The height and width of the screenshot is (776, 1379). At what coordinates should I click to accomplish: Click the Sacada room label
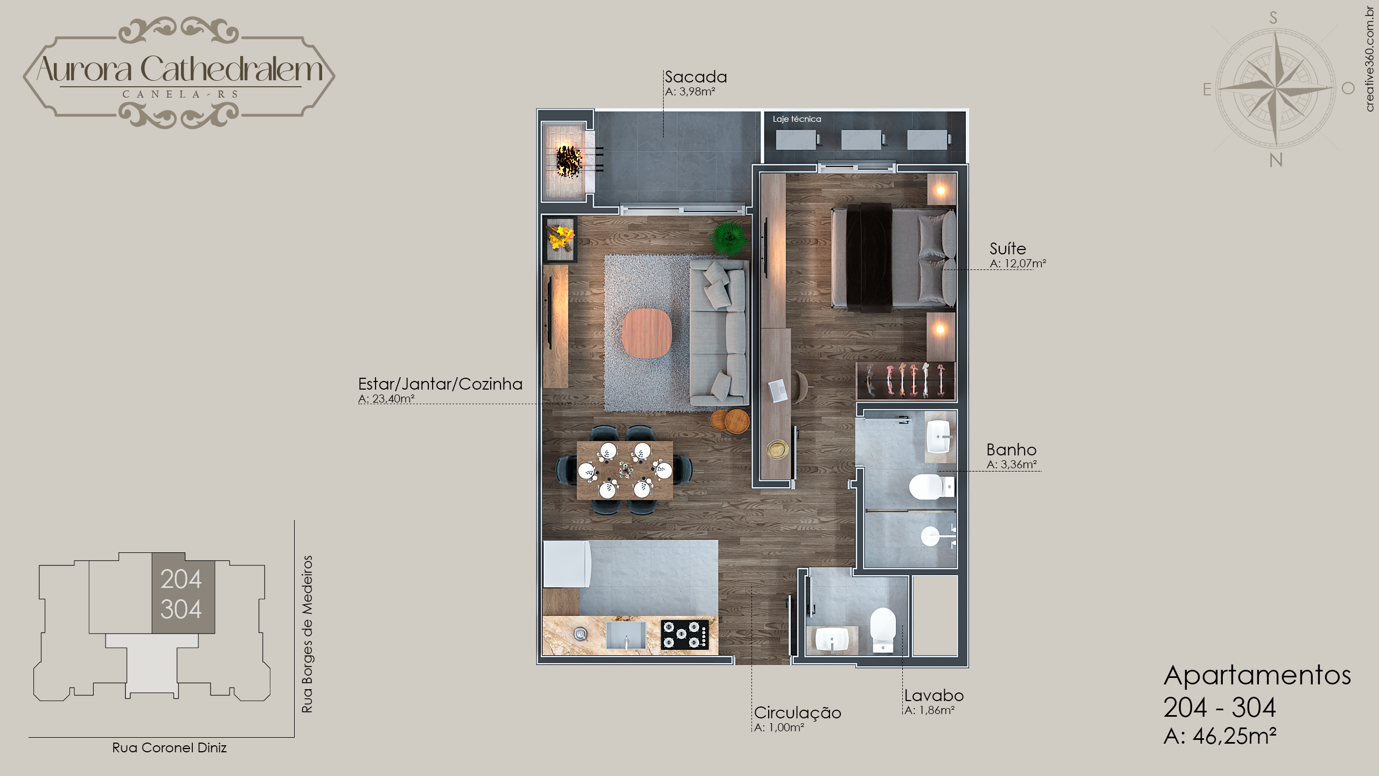click(x=695, y=77)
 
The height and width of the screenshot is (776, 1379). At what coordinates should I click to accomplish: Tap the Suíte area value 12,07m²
click(x=1025, y=264)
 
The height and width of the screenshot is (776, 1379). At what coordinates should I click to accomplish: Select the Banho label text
click(x=1011, y=449)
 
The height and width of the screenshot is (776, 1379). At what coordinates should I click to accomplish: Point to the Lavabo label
click(x=934, y=695)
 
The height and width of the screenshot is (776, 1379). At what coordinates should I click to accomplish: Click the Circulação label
click(x=797, y=713)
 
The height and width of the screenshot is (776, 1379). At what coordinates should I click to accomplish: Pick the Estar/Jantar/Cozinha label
click(x=440, y=384)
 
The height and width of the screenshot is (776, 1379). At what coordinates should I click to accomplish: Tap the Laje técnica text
click(x=797, y=119)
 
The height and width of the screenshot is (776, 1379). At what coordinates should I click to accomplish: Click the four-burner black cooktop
click(x=685, y=634)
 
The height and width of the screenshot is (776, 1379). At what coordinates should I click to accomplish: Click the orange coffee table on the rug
click(x=647, y=333)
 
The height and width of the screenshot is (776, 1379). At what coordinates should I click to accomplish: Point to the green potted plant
click(x=729, y=238)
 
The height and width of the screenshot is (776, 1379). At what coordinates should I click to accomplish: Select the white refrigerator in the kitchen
click(x=567, y=564)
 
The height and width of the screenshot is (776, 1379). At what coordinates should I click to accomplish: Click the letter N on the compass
click(x=1276, y=160)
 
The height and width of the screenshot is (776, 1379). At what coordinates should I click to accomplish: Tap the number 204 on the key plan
click(x=181, y=579)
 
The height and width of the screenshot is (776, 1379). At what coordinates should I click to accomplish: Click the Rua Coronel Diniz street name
click(x=169, y=748)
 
